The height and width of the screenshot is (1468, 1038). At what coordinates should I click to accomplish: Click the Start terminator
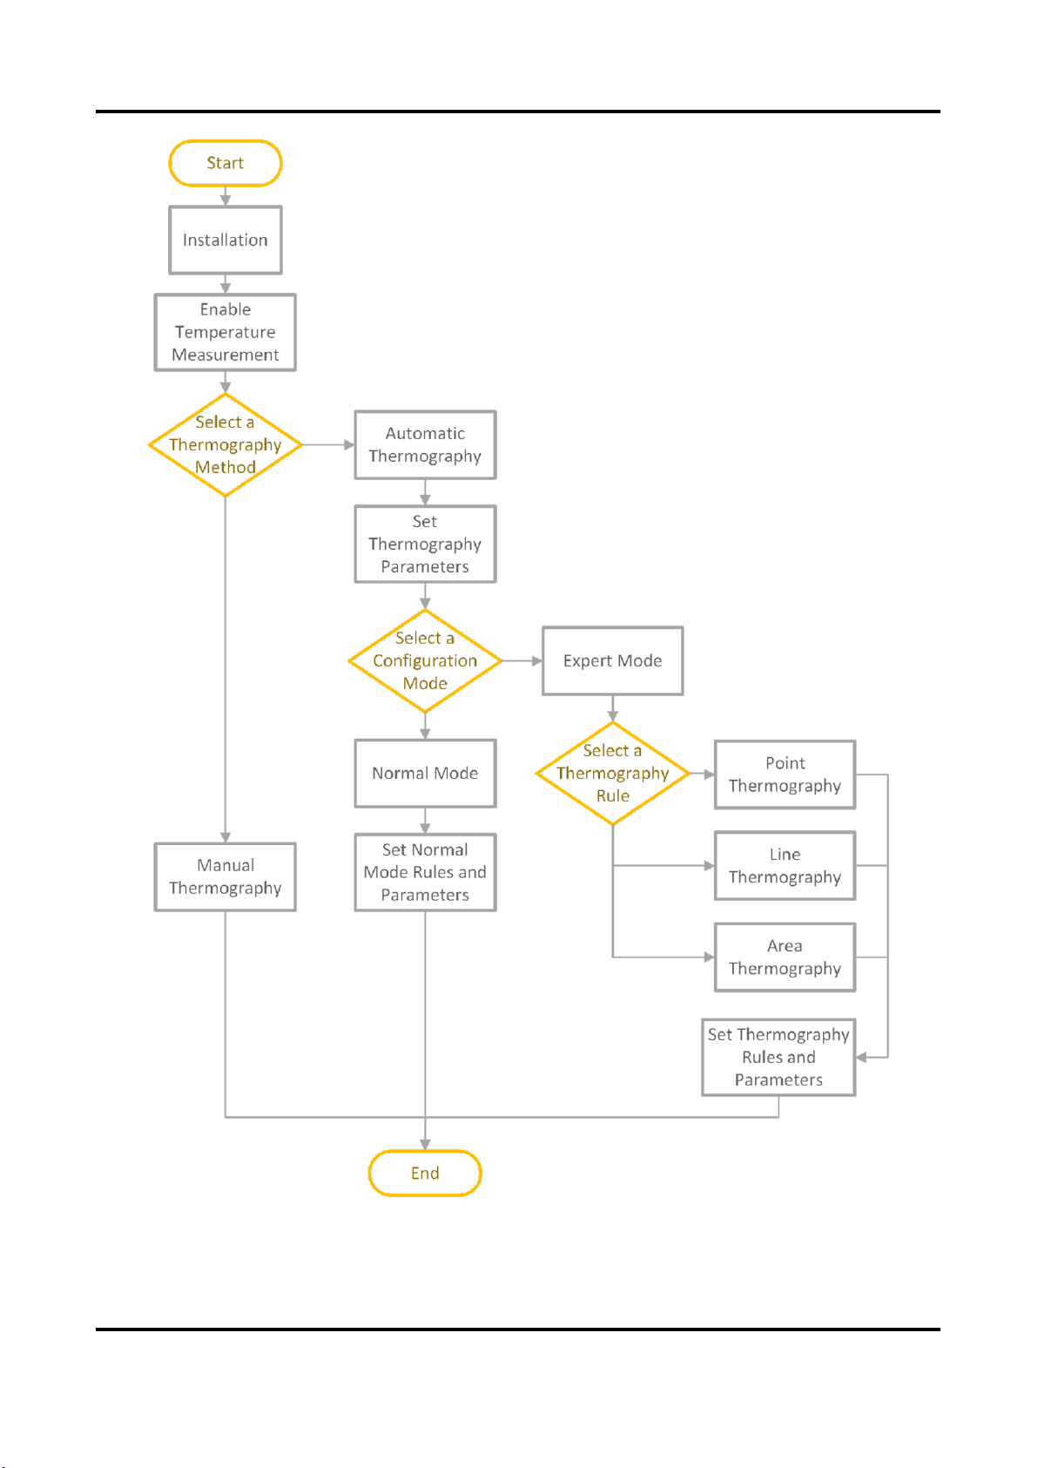point(226,163)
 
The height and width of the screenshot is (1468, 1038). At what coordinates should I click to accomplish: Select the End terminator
point(425,1173)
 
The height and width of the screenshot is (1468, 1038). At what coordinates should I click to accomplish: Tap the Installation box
point(226,240)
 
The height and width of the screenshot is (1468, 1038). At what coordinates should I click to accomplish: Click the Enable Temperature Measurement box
point(226,332)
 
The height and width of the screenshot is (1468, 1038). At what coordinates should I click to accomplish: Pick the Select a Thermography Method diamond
point(226,444)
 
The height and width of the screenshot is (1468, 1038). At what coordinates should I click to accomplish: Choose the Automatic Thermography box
point(425,445)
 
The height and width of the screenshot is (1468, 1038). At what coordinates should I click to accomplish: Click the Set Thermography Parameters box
point(425,544)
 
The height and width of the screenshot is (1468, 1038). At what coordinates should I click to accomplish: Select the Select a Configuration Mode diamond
point(425,660)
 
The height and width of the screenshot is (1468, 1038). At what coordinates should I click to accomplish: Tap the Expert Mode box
point(612,660)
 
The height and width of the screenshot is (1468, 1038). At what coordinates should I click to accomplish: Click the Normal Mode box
point(425,774)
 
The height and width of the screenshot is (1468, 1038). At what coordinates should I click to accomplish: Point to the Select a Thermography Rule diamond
point(612,774)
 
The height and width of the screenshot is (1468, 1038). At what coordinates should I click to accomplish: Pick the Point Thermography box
point(785,775)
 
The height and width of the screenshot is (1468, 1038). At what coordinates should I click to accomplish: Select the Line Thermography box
point(785,866)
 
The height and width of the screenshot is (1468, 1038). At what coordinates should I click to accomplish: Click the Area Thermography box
point(785,957)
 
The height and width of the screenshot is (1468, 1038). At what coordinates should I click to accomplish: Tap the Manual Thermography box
point(226,876)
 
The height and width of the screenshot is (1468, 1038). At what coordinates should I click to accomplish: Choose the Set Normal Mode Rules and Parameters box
point(425,872)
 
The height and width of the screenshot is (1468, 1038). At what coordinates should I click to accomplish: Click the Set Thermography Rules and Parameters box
point(778,1057)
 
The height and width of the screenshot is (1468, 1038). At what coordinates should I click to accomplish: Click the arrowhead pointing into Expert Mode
point(537,660)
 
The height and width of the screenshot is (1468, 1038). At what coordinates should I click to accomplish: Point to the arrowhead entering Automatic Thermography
point(349,445)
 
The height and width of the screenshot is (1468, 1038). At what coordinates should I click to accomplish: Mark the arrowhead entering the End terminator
point(425,1144)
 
